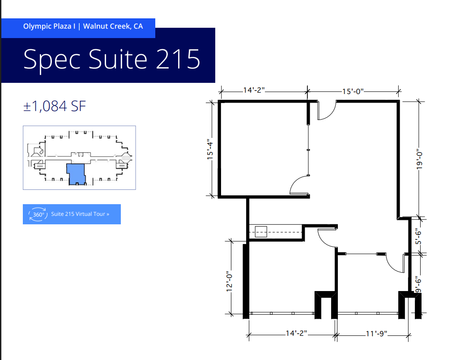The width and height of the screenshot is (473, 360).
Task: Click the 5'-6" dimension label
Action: pyautogui.click(x=419, y=236)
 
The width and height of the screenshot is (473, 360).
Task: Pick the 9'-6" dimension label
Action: pyautogui.click(x=419, y=284)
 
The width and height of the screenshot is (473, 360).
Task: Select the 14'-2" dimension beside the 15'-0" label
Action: pyautogui.click(x=254, y=90)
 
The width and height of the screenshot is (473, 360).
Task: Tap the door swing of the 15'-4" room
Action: pyautogui.click(x=299, y=185)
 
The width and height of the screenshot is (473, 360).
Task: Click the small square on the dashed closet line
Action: pyautogui.click(x=260, y=232)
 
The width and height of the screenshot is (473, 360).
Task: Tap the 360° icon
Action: pyautogui.click(x=38, y=214)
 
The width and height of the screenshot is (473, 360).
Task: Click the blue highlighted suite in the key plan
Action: pyautogui.click(x=76, y=173)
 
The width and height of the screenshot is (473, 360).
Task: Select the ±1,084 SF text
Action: pyautogui.click(x=55, y=106)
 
